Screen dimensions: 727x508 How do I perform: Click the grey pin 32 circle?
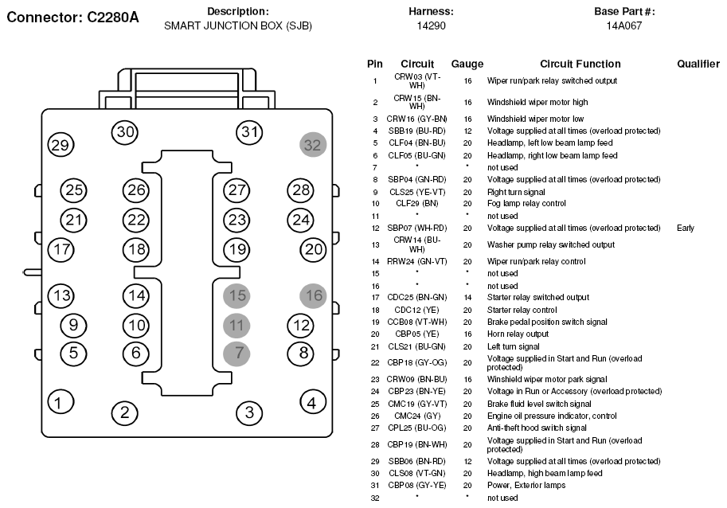tap(313, 145)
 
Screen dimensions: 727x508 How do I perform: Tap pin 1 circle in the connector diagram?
tap(61, 402)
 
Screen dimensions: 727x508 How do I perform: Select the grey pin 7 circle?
tap(236, 354)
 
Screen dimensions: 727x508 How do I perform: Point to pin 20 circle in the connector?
tap(314, 250)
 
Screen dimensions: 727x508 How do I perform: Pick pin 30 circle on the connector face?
tap(125, 132)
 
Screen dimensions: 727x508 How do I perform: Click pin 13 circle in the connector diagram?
tap(61, 295)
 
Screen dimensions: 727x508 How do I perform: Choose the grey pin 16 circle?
tap(314, 295)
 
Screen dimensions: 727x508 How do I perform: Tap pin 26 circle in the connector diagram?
tap(136, 190)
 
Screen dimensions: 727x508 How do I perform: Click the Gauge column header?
tap(467, 64)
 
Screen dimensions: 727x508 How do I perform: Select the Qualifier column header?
tap(698, 64)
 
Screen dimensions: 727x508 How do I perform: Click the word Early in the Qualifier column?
tap(686, 228)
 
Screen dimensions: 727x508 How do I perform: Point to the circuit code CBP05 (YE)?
tap(416, 334)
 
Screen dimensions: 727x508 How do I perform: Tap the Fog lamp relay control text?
tap(526, 204)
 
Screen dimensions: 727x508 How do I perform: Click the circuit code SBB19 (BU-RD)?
tap(416, 131)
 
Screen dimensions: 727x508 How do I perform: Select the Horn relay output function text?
tap(518, 334)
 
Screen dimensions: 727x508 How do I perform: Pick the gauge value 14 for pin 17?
tap(467, 298)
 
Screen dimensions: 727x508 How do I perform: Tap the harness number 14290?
tap(432, 25)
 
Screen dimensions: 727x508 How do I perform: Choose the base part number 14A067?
tap(624, 25)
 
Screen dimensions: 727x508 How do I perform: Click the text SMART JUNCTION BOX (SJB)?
tap(238, 26)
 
